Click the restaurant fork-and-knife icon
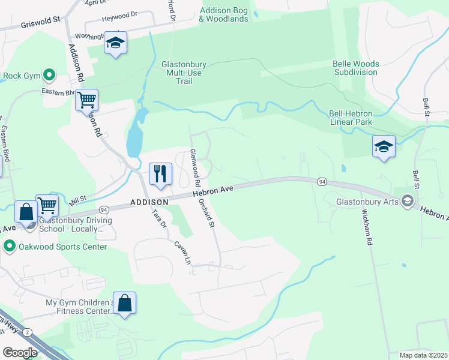160,174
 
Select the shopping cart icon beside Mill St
47,205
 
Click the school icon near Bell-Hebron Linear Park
384,146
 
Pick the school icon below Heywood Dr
115,43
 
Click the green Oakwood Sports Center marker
9,247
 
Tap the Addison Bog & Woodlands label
223,14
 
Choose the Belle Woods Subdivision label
357,68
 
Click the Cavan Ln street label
182,253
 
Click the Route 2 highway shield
28,332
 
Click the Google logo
20,352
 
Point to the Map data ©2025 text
423,355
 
